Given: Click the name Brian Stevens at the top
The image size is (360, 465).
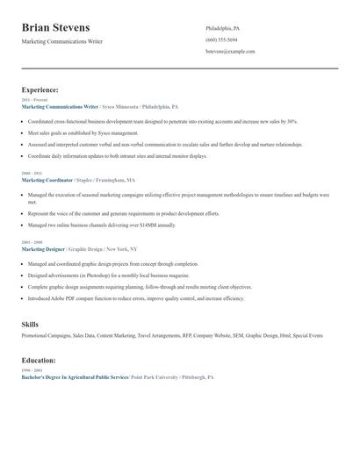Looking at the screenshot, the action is [x=55, y=28].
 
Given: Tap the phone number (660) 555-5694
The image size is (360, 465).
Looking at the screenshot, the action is [x=221, y=39].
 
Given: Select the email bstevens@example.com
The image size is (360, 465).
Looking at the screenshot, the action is [x=230, y=51].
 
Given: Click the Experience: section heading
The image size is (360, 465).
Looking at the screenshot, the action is [x=40, y=89].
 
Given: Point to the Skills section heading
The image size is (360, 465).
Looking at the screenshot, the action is [x=30, y=325].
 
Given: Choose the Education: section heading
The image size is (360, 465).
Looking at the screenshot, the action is [x=39, y=360].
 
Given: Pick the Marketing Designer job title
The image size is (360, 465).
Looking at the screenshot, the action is [x=44, y=248].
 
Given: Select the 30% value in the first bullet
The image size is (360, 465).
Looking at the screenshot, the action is [x=292, y=121].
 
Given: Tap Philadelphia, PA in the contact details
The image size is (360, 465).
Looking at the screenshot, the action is [x=223, y=28].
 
